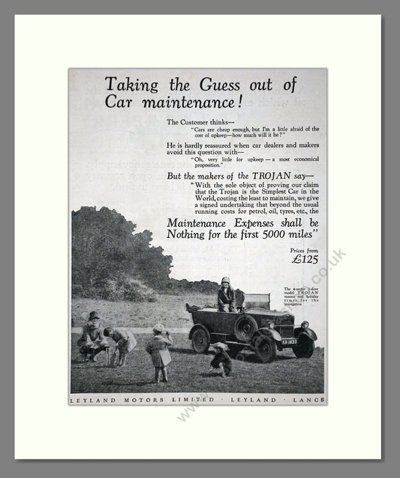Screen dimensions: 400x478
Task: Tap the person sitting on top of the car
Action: pyautogui.click(x=225, y=294)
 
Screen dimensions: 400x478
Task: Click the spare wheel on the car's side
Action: pyautogui.click(x=246, y=328)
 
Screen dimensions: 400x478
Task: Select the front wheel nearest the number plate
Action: pyautogui.click(x=303, y=345)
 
